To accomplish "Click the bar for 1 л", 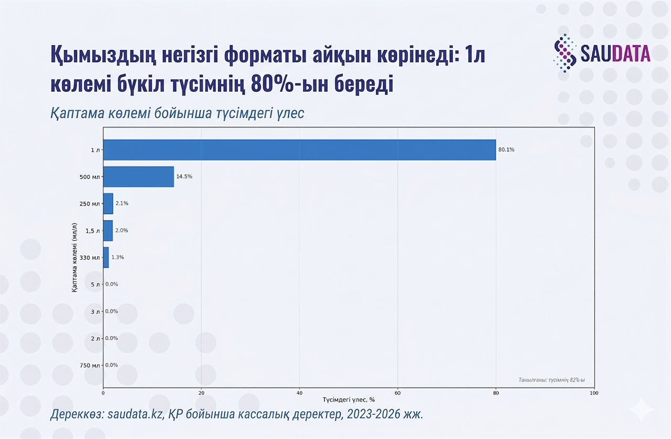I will click(299, 150).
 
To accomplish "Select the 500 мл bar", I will click(138, 177).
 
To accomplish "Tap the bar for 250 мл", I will click(108, 204).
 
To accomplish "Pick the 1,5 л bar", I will click(108, 230).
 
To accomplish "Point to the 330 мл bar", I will click(106, 258).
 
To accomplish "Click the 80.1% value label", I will click(506, 150).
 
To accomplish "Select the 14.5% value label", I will click(184, 177).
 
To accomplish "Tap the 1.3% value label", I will click(117, 258).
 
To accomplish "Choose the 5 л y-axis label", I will click(95, 284).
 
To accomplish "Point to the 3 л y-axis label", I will click(95, 312).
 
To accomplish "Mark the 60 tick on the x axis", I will click(398, 392).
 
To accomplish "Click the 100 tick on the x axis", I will click(594, 392).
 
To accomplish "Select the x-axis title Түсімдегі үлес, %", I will click(349, 400).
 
